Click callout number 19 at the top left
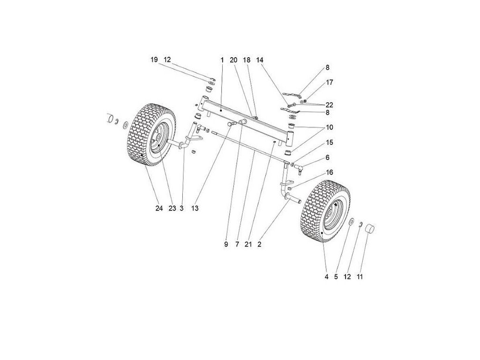(154, 60)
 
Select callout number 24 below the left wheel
(159, 209)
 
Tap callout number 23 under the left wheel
(172, 209)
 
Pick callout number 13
(194, 209)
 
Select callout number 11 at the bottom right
(360, 277)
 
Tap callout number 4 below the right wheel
(326, 277)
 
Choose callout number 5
(336, 277)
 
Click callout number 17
(330, 82)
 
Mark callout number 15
(330, 142)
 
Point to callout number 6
(328, 157)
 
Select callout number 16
(330, 172)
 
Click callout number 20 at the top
(233, 60)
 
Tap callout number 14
(260, 60)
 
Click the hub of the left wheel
(159, 139)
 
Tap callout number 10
(330, 127)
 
